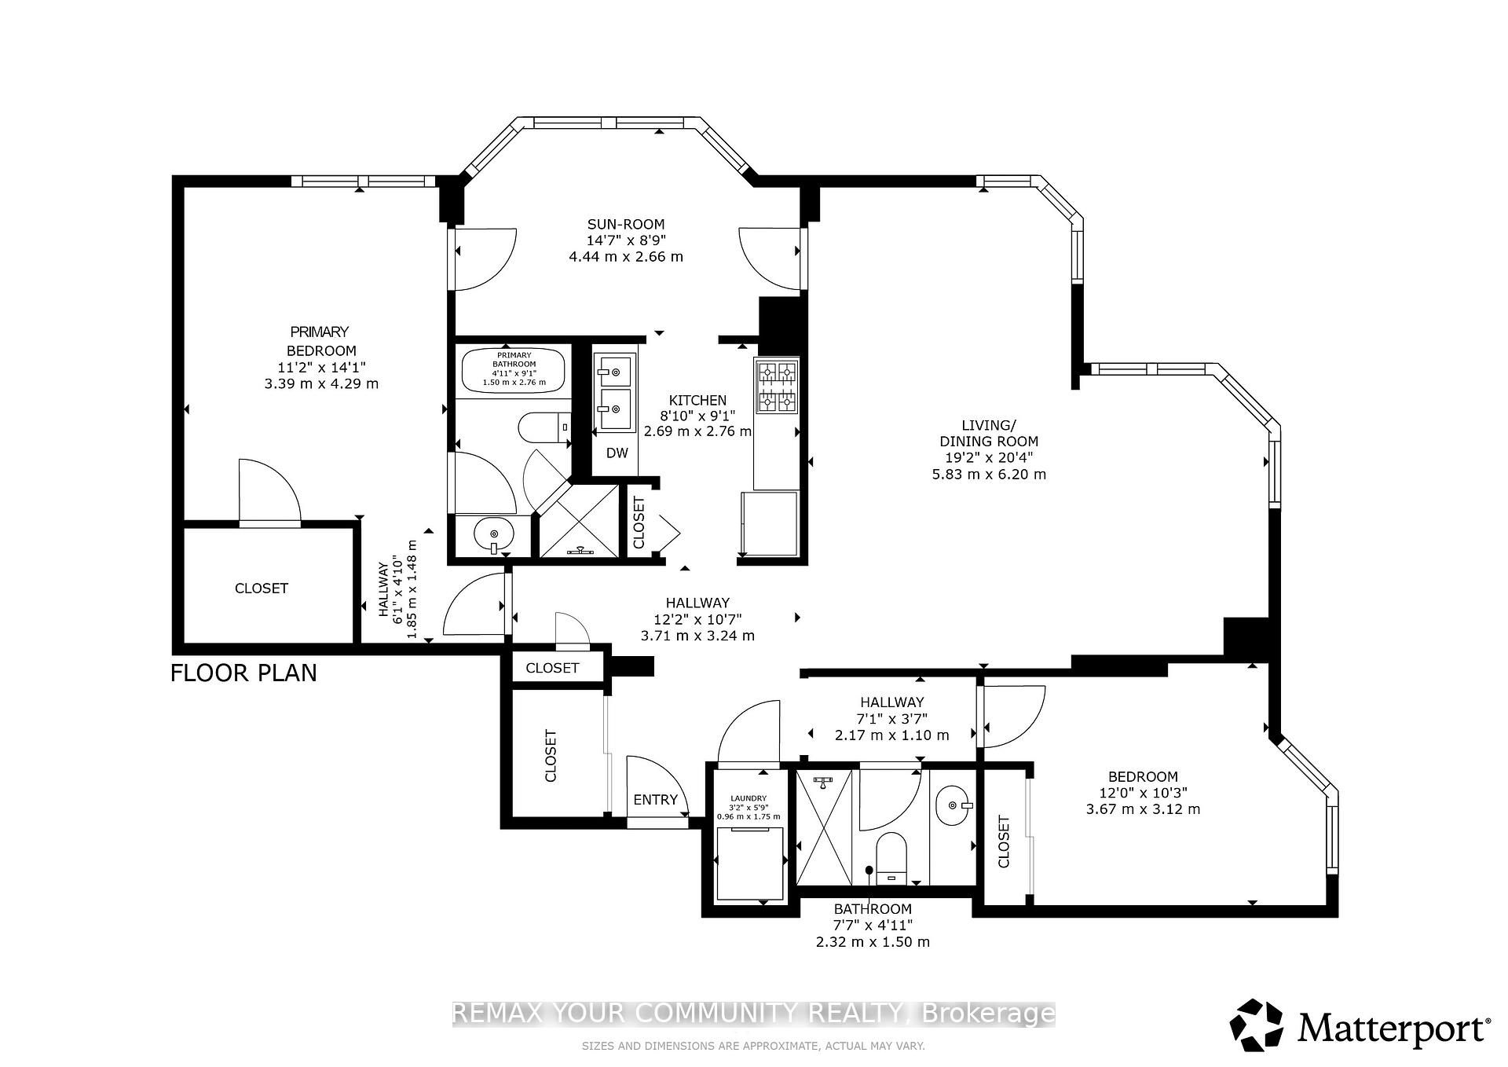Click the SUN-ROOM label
tap(626, 224)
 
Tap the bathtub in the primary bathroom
tap(514, 370)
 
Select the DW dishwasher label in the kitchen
tap(617, 453)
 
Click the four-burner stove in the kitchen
tap(777, 386)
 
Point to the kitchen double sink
tap(615, 391)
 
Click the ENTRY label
tap(655, 800)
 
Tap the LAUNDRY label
tap(749, 798)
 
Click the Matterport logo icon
tap(1256, 1025)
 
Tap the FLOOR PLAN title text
tap(243, 673)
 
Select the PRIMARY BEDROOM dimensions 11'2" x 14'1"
tap(320, 367)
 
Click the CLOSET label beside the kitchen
tap(639, 522)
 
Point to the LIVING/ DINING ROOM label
tap(989, 433)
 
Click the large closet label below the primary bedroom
tap(262, 588)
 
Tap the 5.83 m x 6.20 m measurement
tap(989, 474)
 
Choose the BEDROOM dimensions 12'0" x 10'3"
tap(1143, 793)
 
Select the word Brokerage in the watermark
tap(987, 1014)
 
